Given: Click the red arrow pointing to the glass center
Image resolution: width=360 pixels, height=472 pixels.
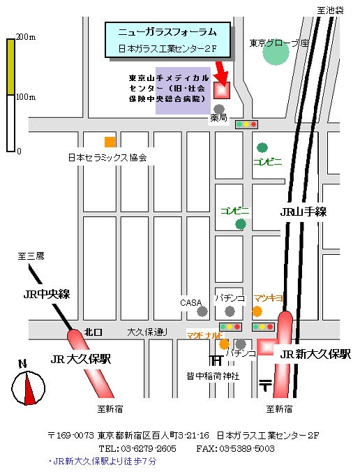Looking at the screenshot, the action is tap(221, 73).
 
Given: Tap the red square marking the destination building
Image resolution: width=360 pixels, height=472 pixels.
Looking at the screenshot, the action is tap(222, 90).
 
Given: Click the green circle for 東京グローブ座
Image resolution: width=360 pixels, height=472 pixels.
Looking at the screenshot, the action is tap(276, 52).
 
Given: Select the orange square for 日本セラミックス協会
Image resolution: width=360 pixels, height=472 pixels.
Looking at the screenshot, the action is tap(110, 142).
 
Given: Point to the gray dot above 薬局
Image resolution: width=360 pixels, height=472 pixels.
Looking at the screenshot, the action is tap(219, 109).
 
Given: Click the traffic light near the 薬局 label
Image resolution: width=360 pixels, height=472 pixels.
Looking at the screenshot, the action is tap(246, 124).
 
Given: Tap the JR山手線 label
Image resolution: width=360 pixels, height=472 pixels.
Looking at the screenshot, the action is tap(303, 212).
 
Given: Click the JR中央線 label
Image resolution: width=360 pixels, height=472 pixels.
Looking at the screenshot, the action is tap(47, 294).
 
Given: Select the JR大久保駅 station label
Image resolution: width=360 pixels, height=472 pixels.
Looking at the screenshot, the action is tap(81, 359).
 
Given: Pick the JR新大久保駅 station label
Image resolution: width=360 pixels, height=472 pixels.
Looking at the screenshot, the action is tap(315, 354).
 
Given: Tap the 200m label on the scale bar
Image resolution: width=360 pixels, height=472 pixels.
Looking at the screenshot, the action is tap(26, 37).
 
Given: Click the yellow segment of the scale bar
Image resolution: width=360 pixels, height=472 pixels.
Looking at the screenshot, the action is tap(11, 67).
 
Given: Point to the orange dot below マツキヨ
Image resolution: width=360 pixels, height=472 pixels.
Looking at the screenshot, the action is tap(257, 311).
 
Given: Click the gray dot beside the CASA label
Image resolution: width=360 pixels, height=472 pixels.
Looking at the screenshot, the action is tap(202, 311).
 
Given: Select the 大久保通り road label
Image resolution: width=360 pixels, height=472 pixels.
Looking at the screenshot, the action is tap(147, 332).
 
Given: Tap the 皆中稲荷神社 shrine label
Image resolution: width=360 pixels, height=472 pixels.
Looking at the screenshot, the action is tap(213, 376).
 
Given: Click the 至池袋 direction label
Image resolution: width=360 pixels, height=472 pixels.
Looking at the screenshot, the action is tap(330, 10).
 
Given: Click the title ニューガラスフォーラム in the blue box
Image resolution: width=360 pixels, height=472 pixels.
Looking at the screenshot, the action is tap(167, 32).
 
